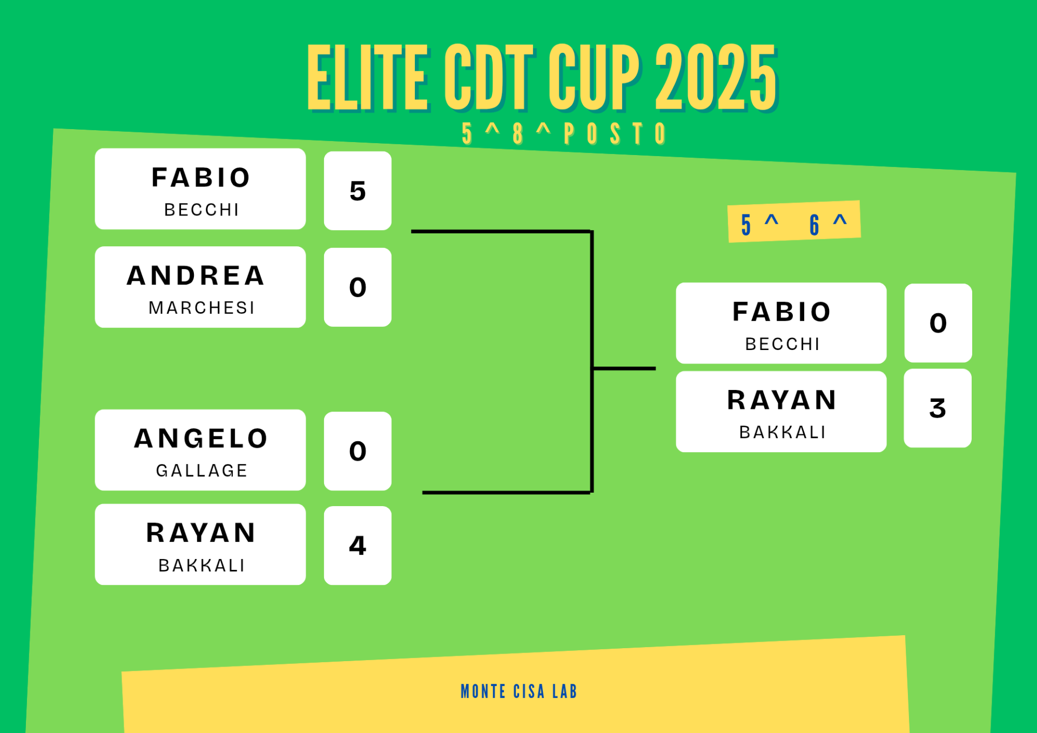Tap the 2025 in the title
click(716, 78)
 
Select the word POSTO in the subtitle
click(615, 133)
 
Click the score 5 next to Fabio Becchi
click(358, 191)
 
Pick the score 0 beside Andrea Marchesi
click(358, 287)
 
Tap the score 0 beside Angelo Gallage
click(358, 451)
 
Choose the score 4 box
click(358, 546)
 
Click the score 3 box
click(938, 408)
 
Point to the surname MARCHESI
click(201, 308)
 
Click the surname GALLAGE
click(201, 470)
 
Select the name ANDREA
click(196, 275)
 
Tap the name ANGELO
click(201, 438)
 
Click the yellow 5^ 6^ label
click(794, 221)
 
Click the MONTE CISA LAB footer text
click(519, 691)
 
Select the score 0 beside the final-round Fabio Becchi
click(938, 323)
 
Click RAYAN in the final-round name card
click(782, 400)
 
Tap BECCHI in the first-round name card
click(201, 210)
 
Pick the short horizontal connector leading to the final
click(624, 368)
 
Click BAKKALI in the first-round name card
click(201, 565)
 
